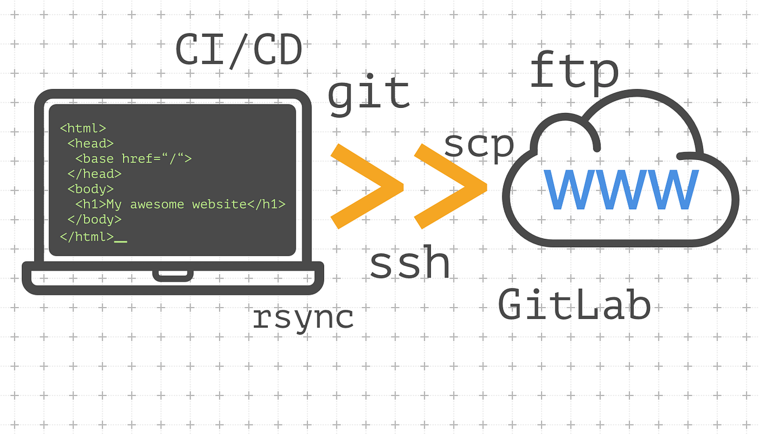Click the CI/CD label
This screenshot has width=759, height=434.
click(239, 50)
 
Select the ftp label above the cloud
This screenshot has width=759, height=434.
click(574, 72)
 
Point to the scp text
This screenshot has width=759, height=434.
click(478, 145)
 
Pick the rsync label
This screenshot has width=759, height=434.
click(303, 318)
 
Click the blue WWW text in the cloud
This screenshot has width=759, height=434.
click(620, 190)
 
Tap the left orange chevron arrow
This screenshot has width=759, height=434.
click(366, 186)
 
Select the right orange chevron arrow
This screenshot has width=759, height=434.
click(450, 186)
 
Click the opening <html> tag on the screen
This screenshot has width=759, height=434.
click(83, 128)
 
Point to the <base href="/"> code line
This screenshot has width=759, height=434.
click(133, 158)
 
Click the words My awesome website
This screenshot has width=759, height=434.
click(176, 204)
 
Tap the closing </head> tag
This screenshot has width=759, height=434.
click(94, 173)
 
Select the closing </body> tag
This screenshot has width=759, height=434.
click(94, 219)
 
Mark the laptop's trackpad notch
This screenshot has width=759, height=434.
click(173, 274)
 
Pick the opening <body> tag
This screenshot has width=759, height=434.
click(91, 189)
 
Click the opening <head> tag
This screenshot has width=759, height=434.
click(91, 143)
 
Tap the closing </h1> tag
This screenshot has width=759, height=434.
click(266, 204)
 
